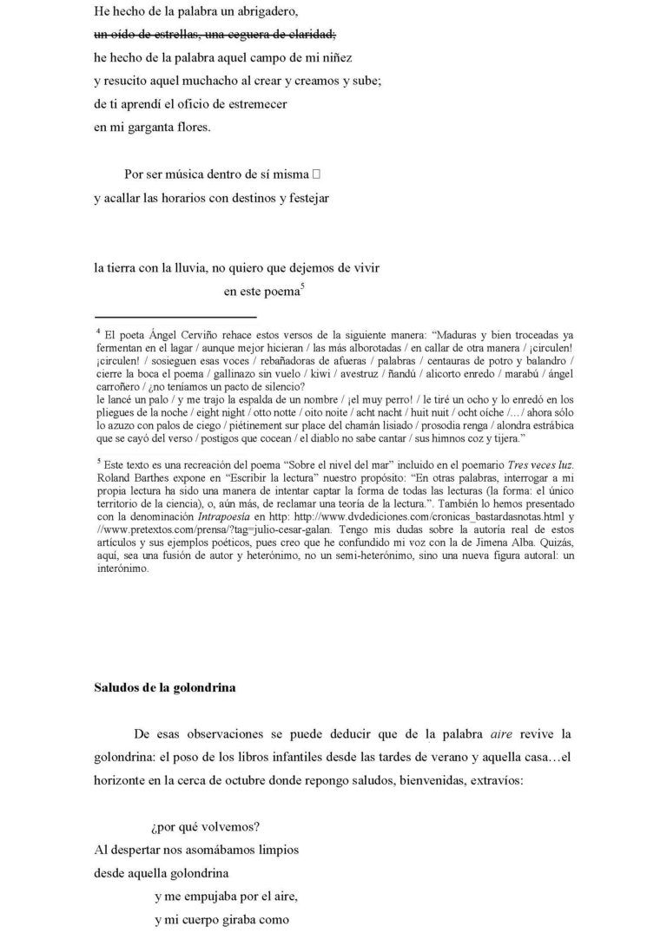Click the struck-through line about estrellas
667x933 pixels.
[x=214, y=35]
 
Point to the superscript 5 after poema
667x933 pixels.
[x=302, y=286]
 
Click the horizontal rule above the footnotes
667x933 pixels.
[x=175, y=318]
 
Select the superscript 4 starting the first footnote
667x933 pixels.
[x=98, y=331]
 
